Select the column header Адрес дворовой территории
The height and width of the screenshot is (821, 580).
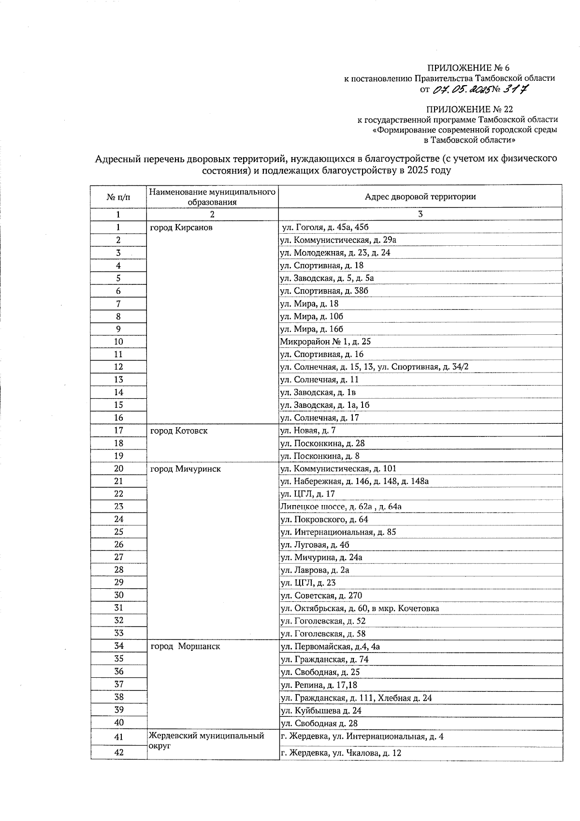[x=420, y=196]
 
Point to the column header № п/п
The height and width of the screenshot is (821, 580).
[x=118, y=197]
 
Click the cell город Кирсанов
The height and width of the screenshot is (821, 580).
[x=181, y=227]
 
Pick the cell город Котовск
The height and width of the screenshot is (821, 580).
[x=179, y=431]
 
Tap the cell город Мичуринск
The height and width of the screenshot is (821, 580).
[x=186, y=469]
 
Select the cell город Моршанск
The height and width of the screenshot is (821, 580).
[x=186, y=646]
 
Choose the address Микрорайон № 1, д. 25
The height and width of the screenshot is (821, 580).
[x=325, y=342]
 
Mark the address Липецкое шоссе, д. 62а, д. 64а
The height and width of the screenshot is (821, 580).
[x=341, y=507]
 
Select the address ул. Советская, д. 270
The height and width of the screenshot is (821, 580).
[x=321, y=596]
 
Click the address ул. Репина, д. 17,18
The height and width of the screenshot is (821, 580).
[x=319, y=685]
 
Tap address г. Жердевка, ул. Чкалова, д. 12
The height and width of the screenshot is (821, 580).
[x=341, y=753]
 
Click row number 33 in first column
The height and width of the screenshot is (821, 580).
[x=118, y=633]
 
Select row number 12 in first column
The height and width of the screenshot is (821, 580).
[x=118, y=367]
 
